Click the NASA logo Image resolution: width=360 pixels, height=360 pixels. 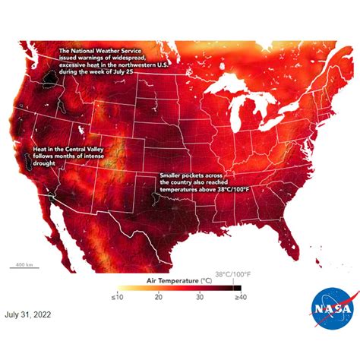[x=331, y=310]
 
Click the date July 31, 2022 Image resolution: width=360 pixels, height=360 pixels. [x=30, y=313]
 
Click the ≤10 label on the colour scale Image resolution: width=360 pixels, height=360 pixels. [x=118, y=296]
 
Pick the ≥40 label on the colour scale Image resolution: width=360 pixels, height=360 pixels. [x=241, y=296]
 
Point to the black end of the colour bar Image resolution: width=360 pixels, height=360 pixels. [x=238, y=287]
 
